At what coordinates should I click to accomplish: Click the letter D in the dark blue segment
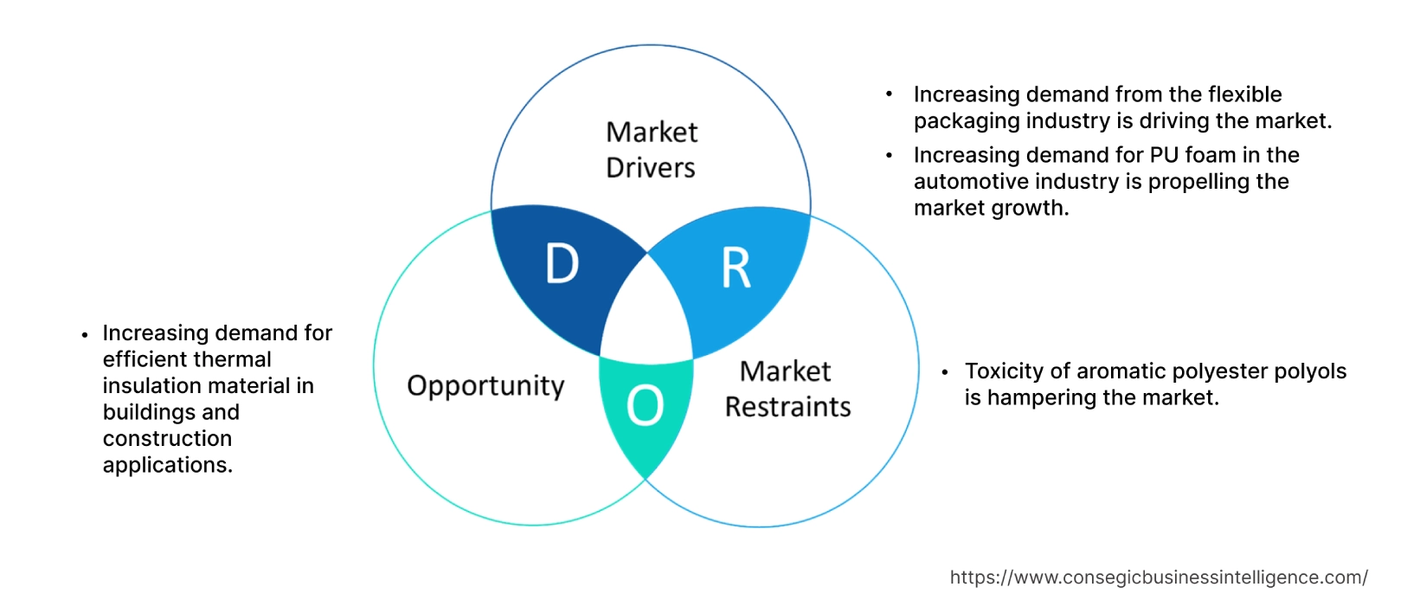562,263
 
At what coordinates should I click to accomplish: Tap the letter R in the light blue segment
736,268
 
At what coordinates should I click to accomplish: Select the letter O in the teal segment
645,405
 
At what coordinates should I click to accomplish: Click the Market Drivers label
651,149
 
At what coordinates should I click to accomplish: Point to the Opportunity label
485,385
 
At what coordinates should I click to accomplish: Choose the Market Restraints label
787,389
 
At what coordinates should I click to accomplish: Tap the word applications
167,465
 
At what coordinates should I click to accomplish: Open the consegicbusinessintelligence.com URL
1158,578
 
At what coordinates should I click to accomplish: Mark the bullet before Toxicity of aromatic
945,372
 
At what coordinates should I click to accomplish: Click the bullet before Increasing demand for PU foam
889,156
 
